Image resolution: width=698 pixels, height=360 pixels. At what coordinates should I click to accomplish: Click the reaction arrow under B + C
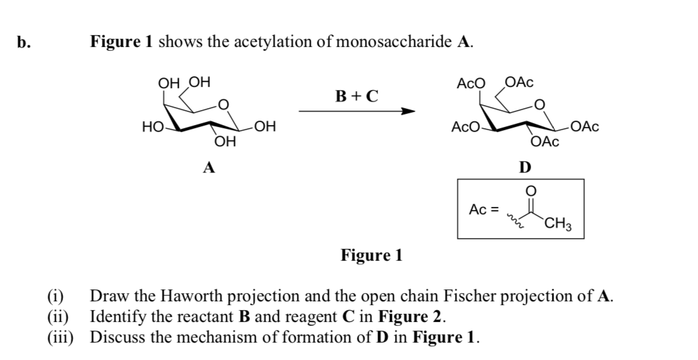(356, 112)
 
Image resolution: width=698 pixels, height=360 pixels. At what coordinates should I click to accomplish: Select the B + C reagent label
(356, 96)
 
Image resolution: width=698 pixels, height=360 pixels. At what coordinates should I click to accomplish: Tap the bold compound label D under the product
(526, 167)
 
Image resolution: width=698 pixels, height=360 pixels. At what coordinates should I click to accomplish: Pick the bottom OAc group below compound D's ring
(544, 142)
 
